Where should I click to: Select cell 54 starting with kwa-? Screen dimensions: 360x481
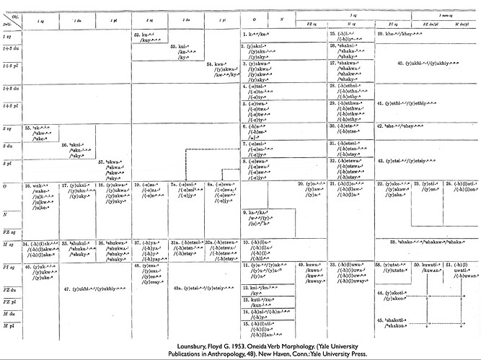click(x=219, y=68)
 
